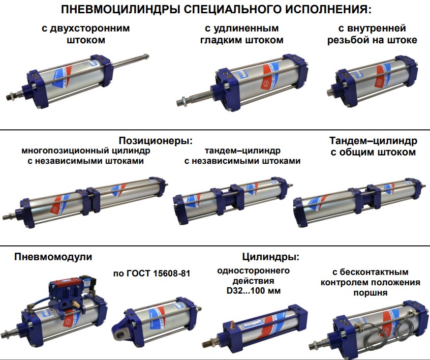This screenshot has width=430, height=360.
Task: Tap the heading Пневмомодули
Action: tap(53, 256)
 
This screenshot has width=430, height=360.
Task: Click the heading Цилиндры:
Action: tap(271, 256)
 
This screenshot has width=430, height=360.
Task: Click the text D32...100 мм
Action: tap(253, 291)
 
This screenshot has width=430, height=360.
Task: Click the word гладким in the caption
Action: tap(221, 40)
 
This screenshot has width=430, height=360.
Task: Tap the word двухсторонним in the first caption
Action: tap(86, 28)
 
